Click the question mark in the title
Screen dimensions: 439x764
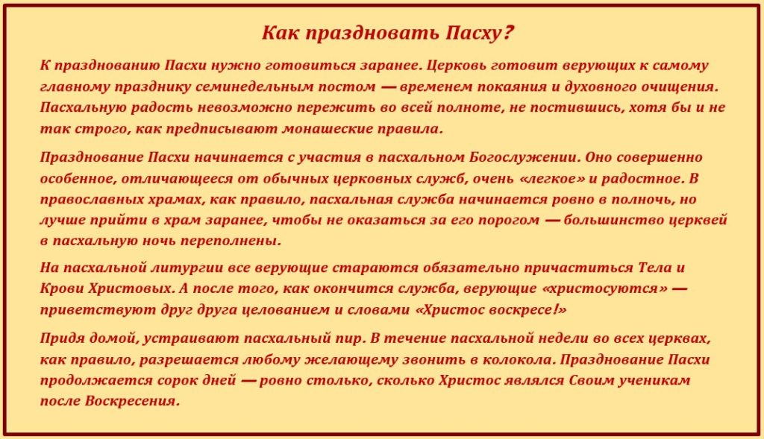pos(509,34)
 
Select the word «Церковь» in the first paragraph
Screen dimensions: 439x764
pos(450,66)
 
